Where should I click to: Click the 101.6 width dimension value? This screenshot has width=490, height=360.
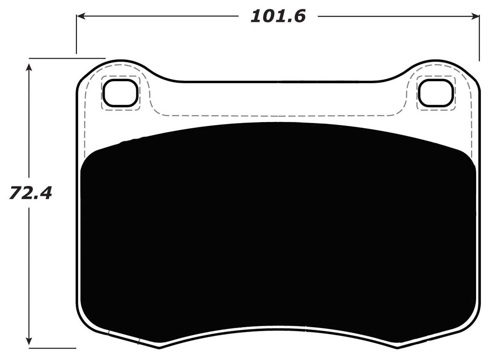click(278, 16)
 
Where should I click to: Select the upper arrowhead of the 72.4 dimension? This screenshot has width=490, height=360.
click(30, 68)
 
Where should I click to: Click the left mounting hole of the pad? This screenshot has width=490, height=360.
click(121, 93)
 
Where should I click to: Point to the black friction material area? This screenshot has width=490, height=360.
click(277, 231)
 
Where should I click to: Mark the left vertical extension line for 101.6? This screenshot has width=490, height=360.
click(76, 34)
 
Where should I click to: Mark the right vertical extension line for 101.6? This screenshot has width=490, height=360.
click(479, 37)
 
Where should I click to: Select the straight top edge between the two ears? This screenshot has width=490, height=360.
click(277, 82)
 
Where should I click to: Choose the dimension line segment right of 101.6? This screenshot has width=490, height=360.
click(395, 16)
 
